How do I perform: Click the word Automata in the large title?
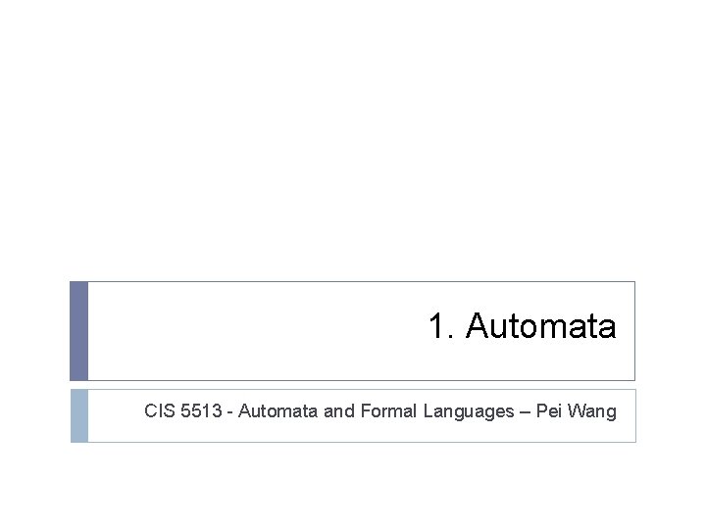point(541,326)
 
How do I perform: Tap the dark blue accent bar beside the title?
point(78,331)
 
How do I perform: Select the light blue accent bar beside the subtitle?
point(78,415)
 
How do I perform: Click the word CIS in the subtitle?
point(160,411)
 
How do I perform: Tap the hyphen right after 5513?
point(229,412)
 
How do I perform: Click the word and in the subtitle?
point(339,411)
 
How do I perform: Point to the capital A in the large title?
point(478,326)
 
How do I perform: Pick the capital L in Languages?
point(429,411)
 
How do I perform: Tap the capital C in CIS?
point(150,411)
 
